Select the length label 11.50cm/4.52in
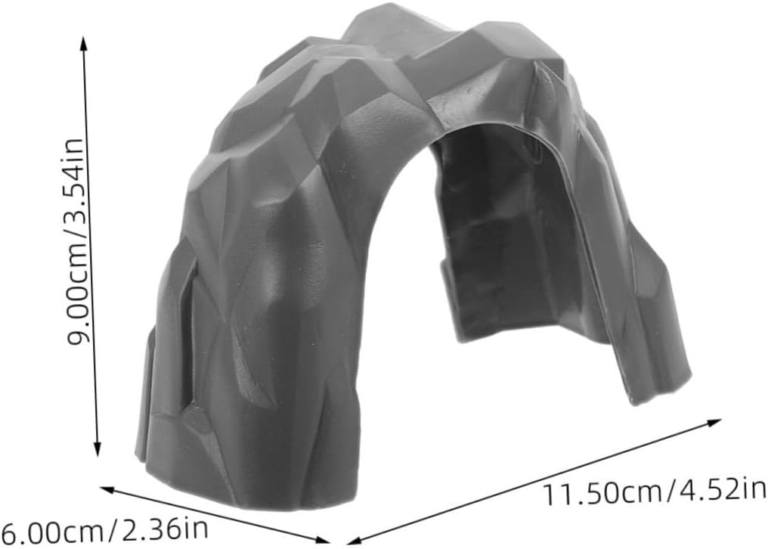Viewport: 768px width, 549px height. (655, 492)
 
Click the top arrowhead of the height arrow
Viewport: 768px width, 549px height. (84, 42)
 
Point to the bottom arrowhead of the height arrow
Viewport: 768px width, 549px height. (97, 449)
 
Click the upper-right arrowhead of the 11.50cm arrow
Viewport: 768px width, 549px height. (714, 422)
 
